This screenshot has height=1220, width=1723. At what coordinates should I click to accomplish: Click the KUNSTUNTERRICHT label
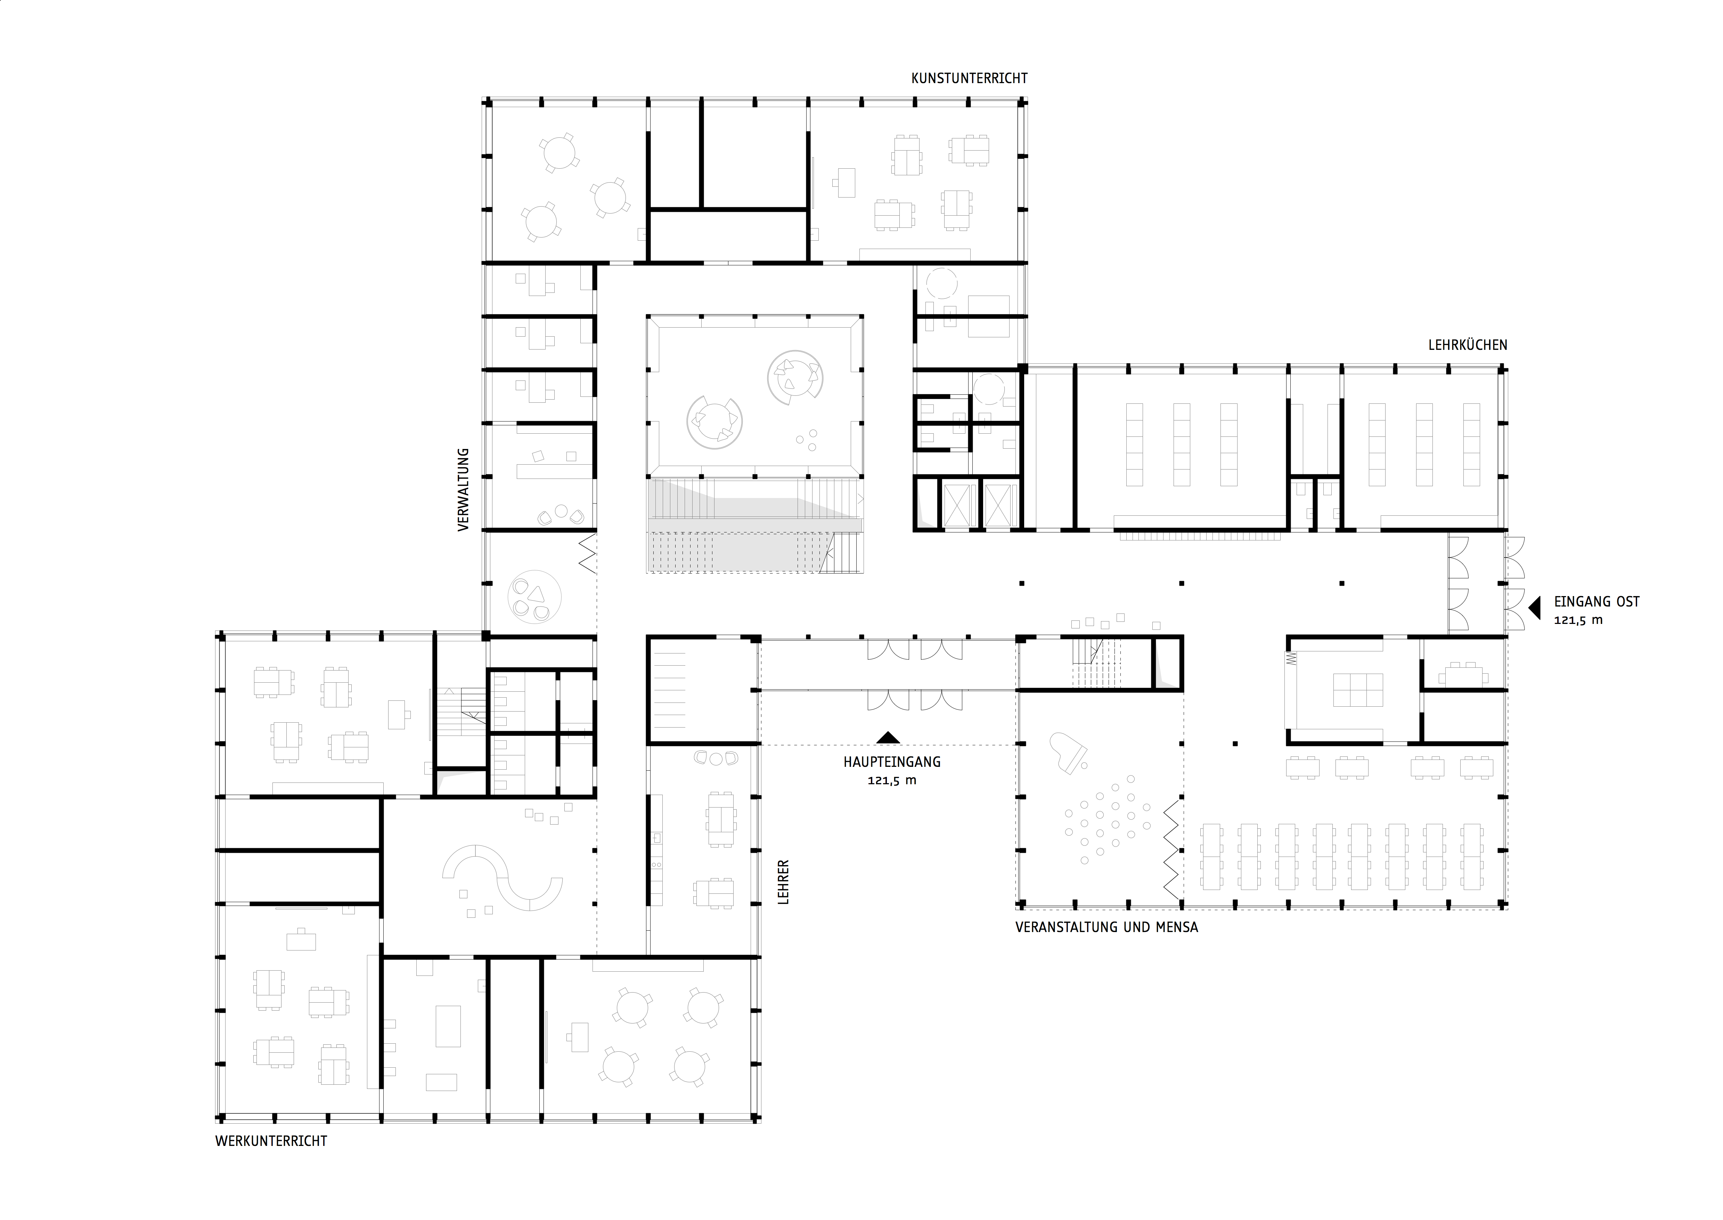[969, 78]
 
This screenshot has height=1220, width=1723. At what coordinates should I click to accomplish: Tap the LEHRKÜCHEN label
[1467, 346]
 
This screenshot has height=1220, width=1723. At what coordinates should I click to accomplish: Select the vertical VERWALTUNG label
[463, 490]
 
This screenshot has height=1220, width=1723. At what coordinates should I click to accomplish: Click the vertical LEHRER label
[783, 881]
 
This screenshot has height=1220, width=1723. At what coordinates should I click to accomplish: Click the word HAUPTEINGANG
[891, 762]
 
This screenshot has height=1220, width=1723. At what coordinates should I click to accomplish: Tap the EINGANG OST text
[1596, 602]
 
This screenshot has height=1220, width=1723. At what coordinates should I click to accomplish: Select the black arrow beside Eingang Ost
[1535, 607]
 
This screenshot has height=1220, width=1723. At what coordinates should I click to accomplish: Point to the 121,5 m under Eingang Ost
[1578, 620]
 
